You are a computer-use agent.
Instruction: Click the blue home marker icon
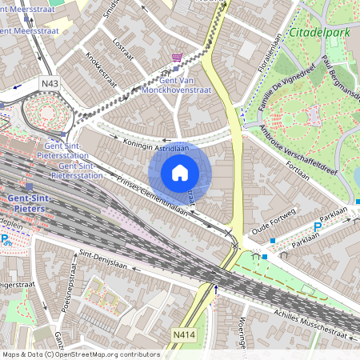pos(180,172)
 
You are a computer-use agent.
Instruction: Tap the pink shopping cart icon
pos(177,58)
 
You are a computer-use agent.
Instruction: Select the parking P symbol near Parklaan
pos(317,228)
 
